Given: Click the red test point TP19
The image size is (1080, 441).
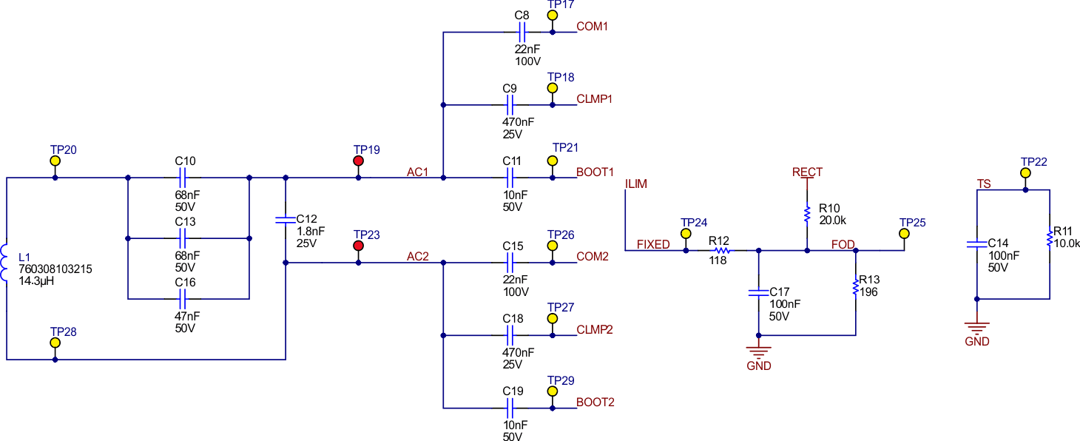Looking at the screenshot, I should click(x=359, y=161).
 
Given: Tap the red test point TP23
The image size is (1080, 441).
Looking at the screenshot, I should click(x=359, y=246).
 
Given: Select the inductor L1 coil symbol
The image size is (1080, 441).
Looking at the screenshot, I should click(x=5, y=264).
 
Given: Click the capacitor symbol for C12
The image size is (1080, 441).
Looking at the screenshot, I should click(x=286, y=220).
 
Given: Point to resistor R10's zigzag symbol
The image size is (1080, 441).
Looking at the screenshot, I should click(x=807, y=214).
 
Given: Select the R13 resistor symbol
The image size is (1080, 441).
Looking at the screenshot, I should click(x=856, y=288).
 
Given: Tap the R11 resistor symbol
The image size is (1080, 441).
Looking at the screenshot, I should click(x=1050, y=238).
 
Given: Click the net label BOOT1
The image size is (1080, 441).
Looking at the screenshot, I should click(x=595, y=172).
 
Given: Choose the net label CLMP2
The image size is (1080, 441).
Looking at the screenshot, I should click(x=595, y=330).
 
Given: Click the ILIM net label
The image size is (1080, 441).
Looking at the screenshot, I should click(x=636, y=184).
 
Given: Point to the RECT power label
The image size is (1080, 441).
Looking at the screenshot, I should click(x=807, y=172).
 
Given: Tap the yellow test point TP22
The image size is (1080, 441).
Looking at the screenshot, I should click(x=1025, y=173).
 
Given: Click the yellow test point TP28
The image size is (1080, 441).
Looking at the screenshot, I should click(x=55, y=343).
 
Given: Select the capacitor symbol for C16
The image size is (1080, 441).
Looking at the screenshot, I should click(x=185, y=299).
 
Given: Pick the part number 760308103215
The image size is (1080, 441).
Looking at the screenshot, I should click(x=55, y=270).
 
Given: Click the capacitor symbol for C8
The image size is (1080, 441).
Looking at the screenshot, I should click(x=521, y=33).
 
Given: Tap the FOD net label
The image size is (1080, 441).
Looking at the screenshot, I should click(x=843, y=245).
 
